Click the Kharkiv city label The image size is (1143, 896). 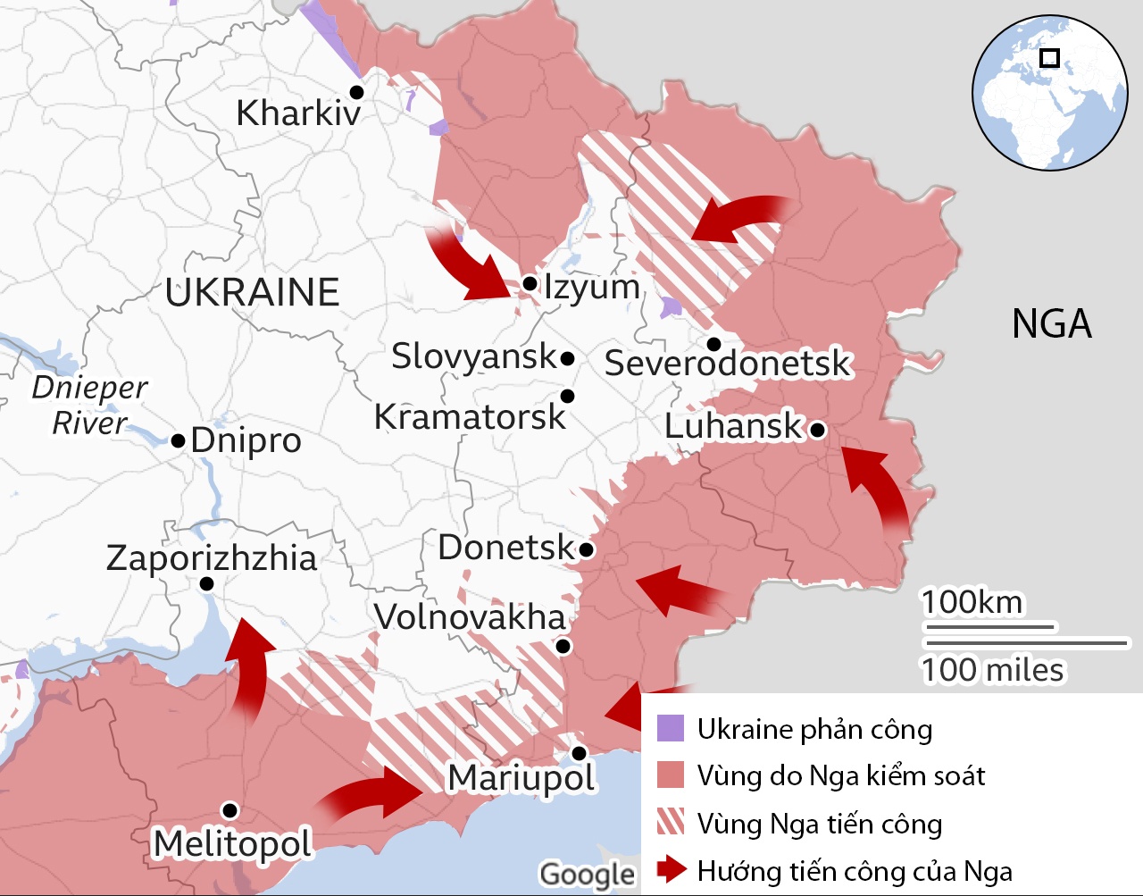(298, 113)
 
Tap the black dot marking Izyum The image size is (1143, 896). (530, 284)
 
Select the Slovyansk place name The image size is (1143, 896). (474, 356)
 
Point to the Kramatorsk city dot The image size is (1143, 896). (567, 396)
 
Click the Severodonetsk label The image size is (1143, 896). (728, 364)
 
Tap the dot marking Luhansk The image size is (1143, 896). (817, 431)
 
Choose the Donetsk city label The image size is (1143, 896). (505, 548)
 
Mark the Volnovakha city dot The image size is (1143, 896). (563, 646)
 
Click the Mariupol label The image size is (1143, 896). (521, 778)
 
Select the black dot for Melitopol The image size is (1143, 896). (229, 810)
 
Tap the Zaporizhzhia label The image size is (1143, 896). (212, 558)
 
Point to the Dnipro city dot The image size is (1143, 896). (178, 440)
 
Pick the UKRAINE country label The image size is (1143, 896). (253, 293)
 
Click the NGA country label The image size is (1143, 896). (1051, 323)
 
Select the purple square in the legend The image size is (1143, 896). (671, 729)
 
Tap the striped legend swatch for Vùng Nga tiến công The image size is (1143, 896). (671, 823)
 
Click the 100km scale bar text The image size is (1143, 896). (972, 603)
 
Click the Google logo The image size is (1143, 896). (587, 874)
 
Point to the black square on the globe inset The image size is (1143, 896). (1050, 58)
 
